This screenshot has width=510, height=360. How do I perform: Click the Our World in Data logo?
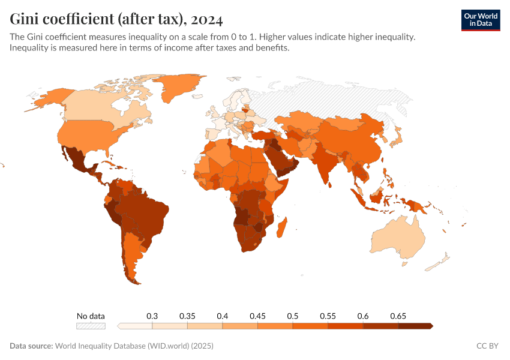click(480, 20)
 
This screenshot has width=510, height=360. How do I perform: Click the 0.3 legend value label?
click(152, 316)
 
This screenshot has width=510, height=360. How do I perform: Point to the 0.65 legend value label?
click(398, 316)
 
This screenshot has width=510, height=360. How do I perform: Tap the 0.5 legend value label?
click(293, 316)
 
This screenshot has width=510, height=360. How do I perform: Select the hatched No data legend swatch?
click(91, 326)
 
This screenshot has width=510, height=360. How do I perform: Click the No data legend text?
click(91, 316)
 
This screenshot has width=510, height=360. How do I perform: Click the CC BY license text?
click(488, 346)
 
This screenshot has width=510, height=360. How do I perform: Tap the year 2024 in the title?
click(208, 20)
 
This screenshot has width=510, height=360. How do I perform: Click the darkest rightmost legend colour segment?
click(415, 326)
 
